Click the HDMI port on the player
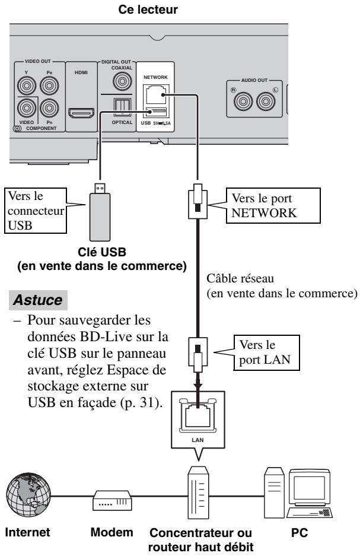81,113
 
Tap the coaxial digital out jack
122,81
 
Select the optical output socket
122,107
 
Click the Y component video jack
27,85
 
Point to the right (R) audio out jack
243,101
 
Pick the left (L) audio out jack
266,101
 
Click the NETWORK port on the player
155,94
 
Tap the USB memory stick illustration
100,212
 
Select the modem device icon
112,500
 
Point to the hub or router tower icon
198,493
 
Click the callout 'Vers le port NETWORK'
273,206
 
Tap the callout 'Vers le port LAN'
266,352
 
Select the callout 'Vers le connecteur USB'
36,211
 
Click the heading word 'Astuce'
38,300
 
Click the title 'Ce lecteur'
148,9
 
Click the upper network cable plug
197,201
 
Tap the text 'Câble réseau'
240,278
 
